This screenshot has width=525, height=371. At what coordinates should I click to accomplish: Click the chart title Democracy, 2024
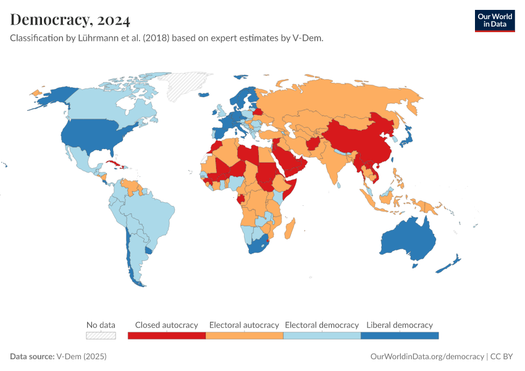70,20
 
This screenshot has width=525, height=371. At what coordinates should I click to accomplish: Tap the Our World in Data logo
494,20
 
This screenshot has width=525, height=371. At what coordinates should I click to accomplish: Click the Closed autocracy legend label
166,325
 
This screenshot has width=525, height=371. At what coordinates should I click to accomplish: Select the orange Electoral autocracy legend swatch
244,336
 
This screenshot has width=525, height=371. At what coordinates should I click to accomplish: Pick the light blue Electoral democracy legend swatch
321,336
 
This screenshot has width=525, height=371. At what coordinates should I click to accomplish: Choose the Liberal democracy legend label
399,325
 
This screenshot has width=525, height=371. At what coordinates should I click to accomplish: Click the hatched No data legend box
101,336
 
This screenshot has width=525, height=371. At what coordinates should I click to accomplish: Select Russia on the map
346,99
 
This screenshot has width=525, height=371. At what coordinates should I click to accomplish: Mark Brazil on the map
151,210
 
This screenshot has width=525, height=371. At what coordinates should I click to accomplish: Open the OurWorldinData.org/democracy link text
427,357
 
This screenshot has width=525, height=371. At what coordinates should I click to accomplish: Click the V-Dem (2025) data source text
82,357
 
